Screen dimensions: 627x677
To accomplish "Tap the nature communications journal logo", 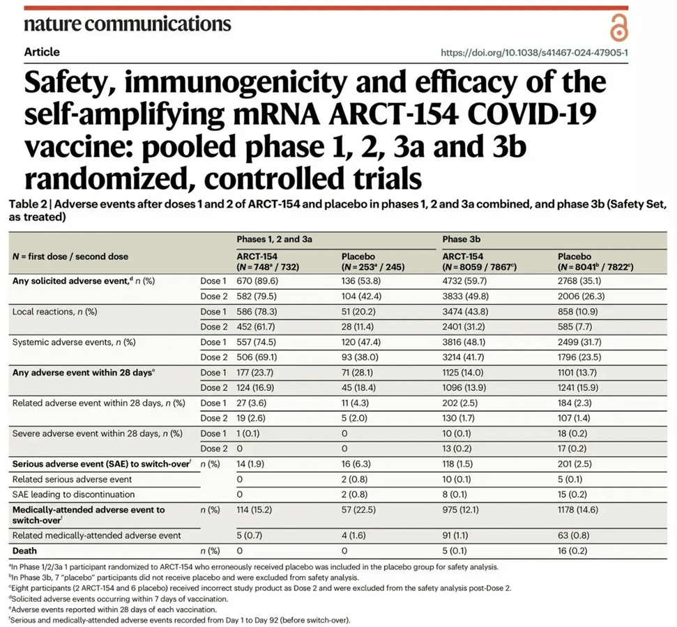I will [x=127, y=24].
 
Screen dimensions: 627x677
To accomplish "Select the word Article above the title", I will [x=42, y=52].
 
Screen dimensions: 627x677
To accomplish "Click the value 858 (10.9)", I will [x=584, y=311].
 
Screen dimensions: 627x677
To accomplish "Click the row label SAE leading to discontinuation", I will [x=76, y=494].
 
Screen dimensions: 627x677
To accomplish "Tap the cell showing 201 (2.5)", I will [x=579, y=463].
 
